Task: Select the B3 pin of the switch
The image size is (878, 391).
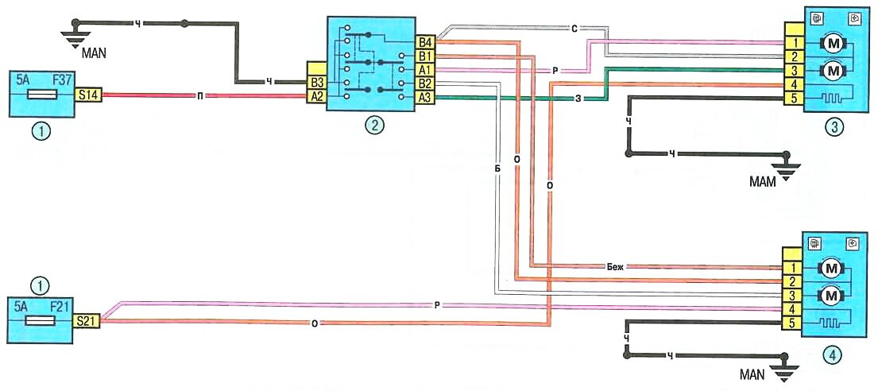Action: pos(317,81)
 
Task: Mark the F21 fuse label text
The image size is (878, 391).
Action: pos(58,304)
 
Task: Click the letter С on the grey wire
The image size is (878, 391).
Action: pos(573,29)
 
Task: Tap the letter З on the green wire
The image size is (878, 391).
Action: pos(578,98)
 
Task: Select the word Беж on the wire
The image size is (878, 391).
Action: pos(614,268)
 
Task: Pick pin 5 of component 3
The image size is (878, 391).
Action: pos(792,98)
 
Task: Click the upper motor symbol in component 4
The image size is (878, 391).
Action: pos(832,267)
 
